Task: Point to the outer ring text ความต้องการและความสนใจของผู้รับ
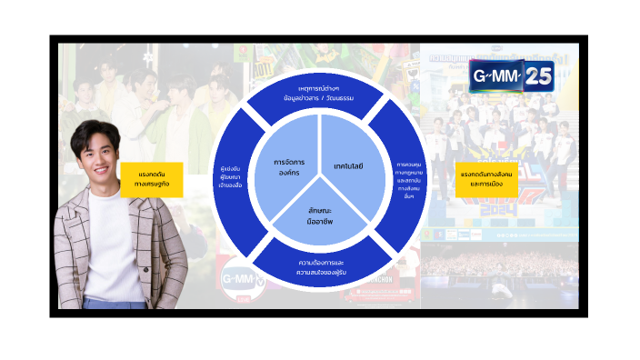tap(320, 265)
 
